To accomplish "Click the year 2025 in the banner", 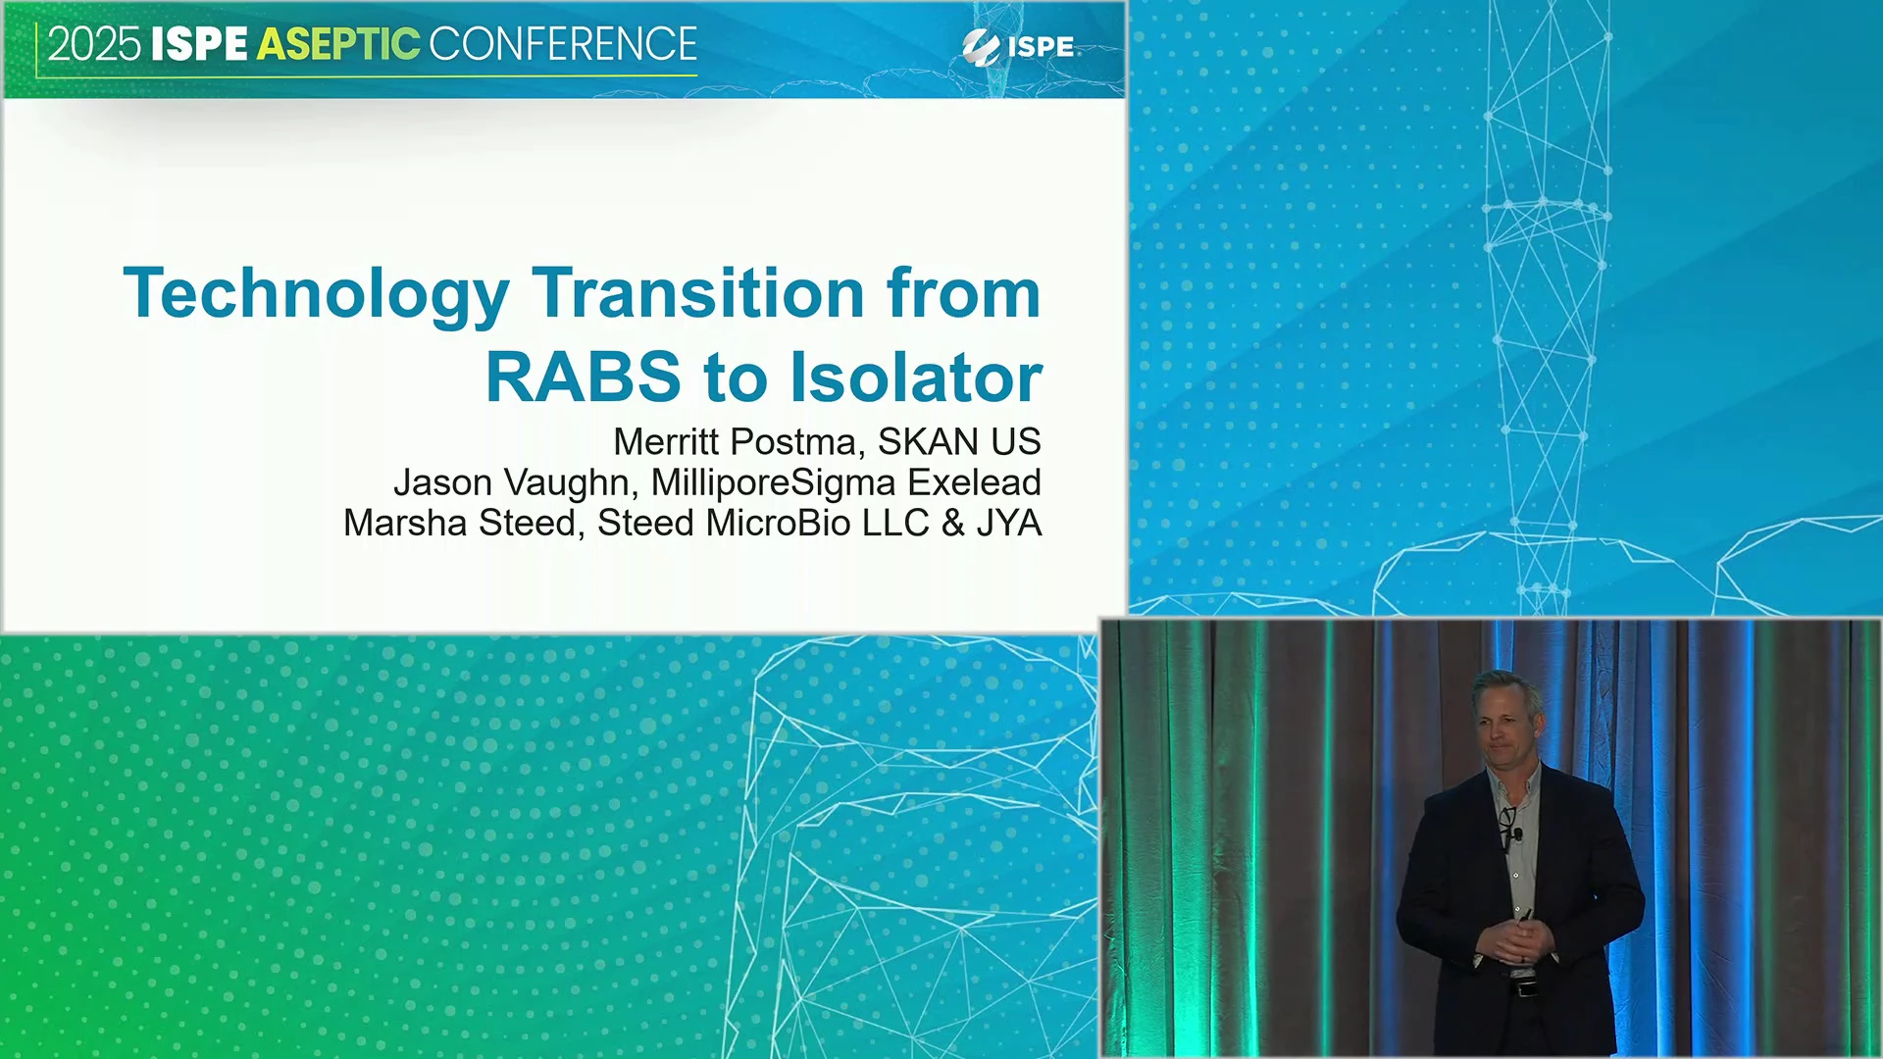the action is (94, 45).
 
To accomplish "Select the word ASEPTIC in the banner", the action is (338, 45).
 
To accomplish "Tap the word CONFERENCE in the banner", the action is (563, 45).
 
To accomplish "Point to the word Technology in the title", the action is (316, 295).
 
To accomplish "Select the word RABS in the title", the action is (583, 378).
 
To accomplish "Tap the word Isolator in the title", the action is (916, 378).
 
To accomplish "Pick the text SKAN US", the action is (959, 442).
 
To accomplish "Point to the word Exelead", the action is (974, 482).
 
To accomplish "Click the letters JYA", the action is (1008, 524).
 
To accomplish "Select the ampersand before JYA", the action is (953, 524).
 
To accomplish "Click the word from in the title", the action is (963, 293).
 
